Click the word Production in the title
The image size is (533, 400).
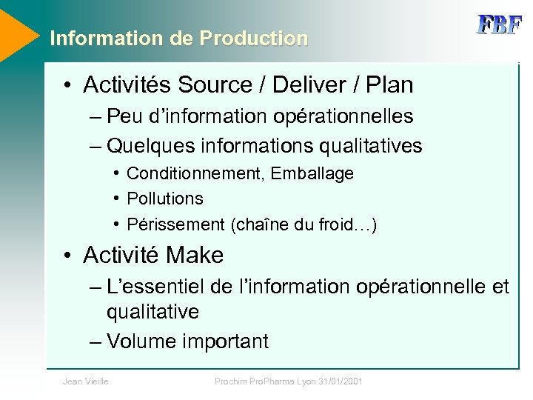point(254,39)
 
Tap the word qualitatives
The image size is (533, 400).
point(370,146)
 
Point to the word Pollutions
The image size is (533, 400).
point(165,199)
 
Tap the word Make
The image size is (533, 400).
point(195,256)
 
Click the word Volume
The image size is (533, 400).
point(141,341)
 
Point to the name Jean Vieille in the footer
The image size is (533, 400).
point(86,381)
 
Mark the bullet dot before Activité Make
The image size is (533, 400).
point(67,256)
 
